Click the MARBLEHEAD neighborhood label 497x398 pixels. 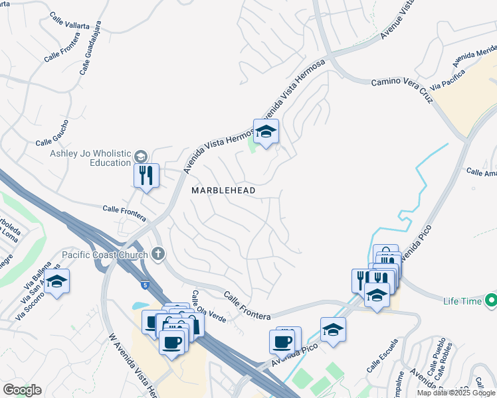click(223, 190)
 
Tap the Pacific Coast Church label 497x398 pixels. click(105, 254)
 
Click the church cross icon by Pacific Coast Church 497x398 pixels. click(158, 253)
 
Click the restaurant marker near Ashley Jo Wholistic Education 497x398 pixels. click(146, 176)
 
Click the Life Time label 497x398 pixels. click(462, 302)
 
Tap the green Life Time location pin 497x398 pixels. click(491, 301)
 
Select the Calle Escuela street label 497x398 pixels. click(382, 356)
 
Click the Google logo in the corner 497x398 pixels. click(23, 390)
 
